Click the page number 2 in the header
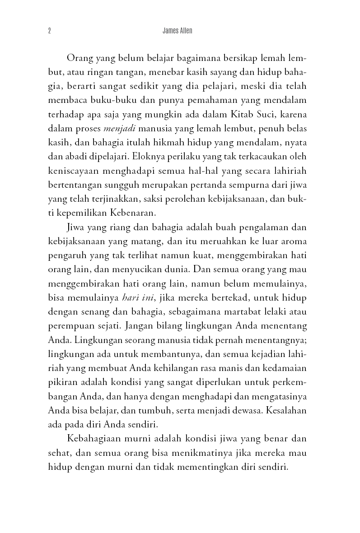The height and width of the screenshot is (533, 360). [x=49, y=31]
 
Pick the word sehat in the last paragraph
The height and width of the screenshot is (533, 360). [x=59, y=453]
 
